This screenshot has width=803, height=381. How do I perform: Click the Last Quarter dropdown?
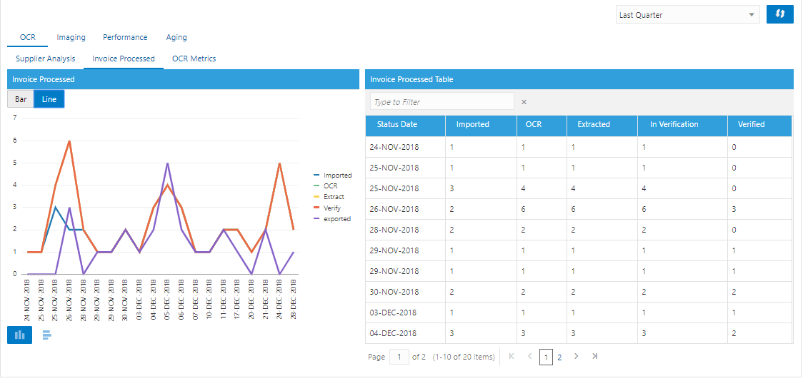pyautogui.click(x=687, y=15)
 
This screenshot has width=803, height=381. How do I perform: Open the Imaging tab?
pyautogui.click(x=71, y=37)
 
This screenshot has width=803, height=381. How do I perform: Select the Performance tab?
pyautogui.click(x=125, y=37)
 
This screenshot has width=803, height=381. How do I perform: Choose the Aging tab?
pyautogui.click(x=176, y=37)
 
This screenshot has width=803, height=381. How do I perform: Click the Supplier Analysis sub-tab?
pyautogui.click(x=45, y=59)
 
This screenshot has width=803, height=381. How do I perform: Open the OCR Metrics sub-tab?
pyautogui.click(x=194, y=59)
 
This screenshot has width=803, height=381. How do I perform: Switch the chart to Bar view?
pyautogui.click(x=21, y=99)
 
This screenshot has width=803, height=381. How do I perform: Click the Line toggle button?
pyautogui.click(x=49, y=99)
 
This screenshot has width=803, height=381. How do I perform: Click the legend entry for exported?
pyautogui.click(x=337, y=219)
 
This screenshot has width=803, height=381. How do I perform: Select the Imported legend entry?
pyautogui.click(x=337, y=175)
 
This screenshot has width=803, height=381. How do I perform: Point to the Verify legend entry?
pyautogui.click(x=332, y=208)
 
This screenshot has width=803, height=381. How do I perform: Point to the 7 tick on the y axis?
pyautogui.click(x=14, y=118)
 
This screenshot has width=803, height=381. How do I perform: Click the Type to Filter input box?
pyautogui.click(x=442, y=102)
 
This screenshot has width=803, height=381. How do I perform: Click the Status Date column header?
pyautogui.click(x=397, y=124)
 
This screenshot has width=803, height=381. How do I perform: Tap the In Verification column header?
pyautogui.click(x=674, y=124)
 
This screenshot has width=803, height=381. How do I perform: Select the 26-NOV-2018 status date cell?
pyautogui.click(x=394, y=209)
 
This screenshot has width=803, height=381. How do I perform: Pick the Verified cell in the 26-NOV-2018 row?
pyautogui.click(x=735, y=209)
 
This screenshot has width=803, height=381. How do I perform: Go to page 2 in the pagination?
pyautogui.click(x=559, y=357)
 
